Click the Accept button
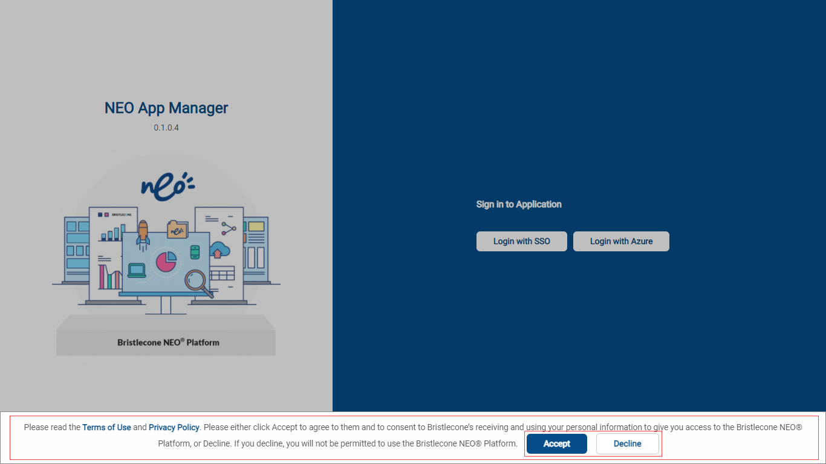click(x=556, y=443)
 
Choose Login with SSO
click(x=521, y=242)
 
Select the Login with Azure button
click(x=621, y=242)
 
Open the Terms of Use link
click(x=106, y=427)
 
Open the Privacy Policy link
click(x=174, y=427)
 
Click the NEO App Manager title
click(x=166, y=108)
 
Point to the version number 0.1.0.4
click(x=166, y=127)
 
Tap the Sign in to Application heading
click(x=519, y=204)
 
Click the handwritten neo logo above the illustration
click(x=167, y=187)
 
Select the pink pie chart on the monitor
click(x=166, y=261)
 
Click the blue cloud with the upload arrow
click(x=220, y=250)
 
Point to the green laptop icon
click(x=137, y=271)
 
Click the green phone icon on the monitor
click(x=195, y=252)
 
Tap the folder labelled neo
click(x=177, y=229)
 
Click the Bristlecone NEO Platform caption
click(x=169, y=343)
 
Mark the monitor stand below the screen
click(x=166, y=305)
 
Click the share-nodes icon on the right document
click(x=229, y=228)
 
